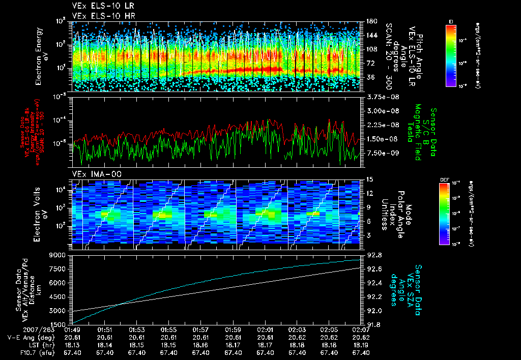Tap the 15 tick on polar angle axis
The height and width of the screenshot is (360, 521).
(369, 179)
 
